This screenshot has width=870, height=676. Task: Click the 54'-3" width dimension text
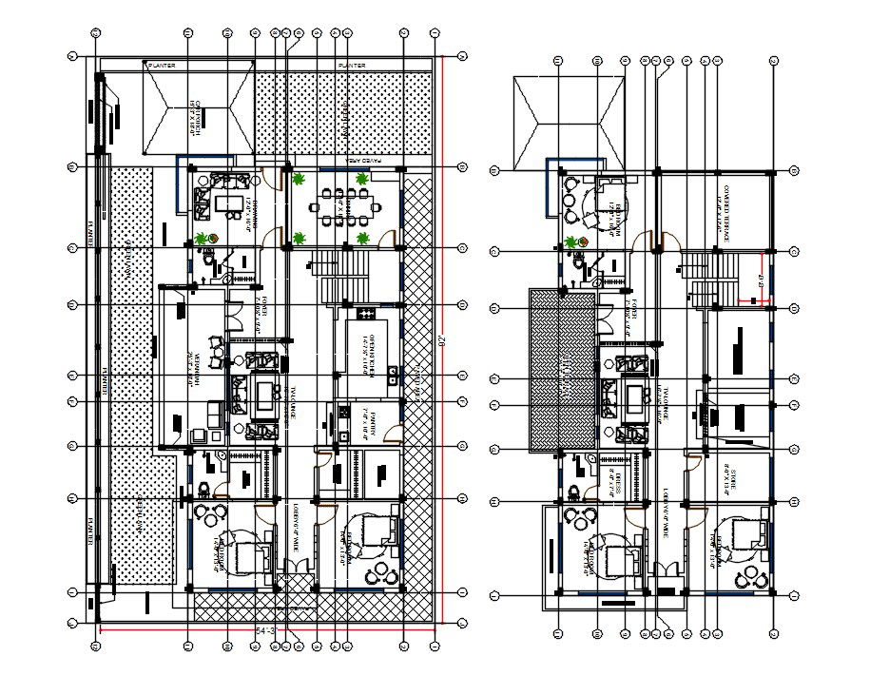pos(266,631)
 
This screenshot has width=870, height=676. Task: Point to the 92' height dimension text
pos(442,340)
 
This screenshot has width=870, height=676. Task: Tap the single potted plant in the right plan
pos(571,242)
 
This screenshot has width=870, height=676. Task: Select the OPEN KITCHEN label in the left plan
pos(362,351)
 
